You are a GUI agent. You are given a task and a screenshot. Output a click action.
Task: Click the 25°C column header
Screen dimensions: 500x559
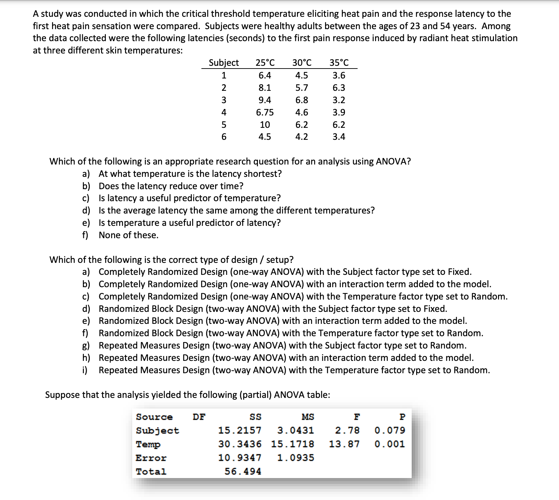pyautogui.click(x=265, y=63)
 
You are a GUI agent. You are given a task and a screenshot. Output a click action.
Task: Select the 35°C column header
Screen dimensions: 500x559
pyautogui.click(x=339, y=63)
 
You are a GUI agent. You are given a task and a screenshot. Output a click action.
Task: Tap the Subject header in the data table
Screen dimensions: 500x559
pyautogui.click(x=224, y=63)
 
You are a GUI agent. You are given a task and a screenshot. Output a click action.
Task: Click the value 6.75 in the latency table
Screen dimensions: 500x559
pyautogui.click(x=265, y=112)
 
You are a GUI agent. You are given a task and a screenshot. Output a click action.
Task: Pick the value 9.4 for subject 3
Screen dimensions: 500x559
pyautogui.click(x=265, y=100)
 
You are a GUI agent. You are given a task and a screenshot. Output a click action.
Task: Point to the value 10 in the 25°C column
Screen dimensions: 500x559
pyautogui.click(x=265, y=125)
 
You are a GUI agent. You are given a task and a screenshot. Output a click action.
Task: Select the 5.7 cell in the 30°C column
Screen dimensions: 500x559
pyautogui.click(x=301, y=88)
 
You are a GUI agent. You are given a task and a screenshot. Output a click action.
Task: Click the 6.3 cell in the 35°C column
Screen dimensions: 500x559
pyautogui.click(x=339, y=88)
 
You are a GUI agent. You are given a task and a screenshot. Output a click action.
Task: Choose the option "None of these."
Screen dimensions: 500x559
pyautogui.click(x=128, y=235)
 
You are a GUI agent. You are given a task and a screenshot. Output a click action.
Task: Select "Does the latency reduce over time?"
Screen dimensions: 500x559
pyautogui.click(x=171, y=186)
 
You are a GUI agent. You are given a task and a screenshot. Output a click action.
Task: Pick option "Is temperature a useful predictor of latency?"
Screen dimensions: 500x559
pyautogui.click(x=189, y=223)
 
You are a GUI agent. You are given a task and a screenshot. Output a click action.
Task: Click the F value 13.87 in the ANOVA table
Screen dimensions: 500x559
pyautogui.click(x=344, y=444)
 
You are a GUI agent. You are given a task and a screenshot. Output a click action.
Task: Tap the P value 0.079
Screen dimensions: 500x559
pyautogui.click(x=389, y=430)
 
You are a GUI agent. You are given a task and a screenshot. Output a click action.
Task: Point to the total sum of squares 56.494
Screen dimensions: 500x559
pyautogui.click(x=243, y=472)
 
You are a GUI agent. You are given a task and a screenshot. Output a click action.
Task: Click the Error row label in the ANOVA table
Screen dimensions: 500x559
pyautogui.click(x=151, y=458)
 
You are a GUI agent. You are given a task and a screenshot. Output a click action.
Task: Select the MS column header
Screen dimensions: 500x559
pyautogui.click(x=308, y=417)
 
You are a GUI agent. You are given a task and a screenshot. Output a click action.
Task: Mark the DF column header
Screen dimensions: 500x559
pyautogui.click(x=199, y=417)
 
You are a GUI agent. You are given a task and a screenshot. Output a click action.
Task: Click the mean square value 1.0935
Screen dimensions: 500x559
pyautogui.click(x=295, y=458)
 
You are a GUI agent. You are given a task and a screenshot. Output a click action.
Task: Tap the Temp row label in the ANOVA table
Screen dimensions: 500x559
pyautogui.click(x=148, y=444)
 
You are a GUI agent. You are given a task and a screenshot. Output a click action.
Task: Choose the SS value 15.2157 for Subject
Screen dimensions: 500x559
pyautogui.click(x=240, y=430)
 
